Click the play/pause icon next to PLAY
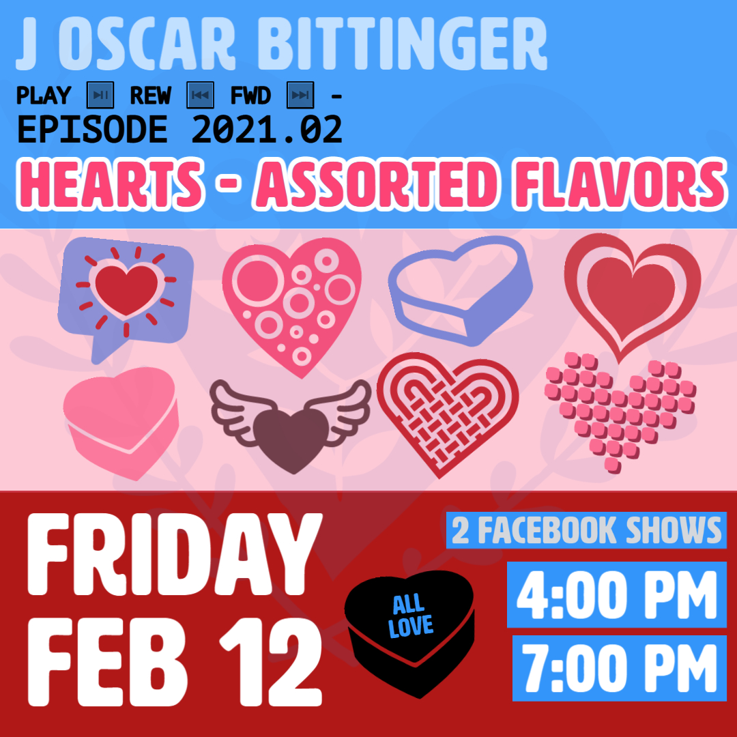tap(100, 95)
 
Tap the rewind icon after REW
tap(200, 95)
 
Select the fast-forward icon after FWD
tap(300, 95)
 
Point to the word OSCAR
tap(147, 44)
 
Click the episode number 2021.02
tap(267, 129)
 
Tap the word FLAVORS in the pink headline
tap(620, 184)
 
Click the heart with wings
tap(291, 425)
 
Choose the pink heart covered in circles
tap(292, 306)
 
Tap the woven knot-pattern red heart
tap(448, 414)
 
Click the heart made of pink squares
tap(620, 412)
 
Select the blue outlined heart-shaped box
tap(461, 291)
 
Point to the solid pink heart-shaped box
tap(121, 423)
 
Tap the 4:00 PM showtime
tap(617, 595)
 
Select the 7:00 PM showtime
tap(620, 668)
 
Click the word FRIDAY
tap(175, 555)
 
